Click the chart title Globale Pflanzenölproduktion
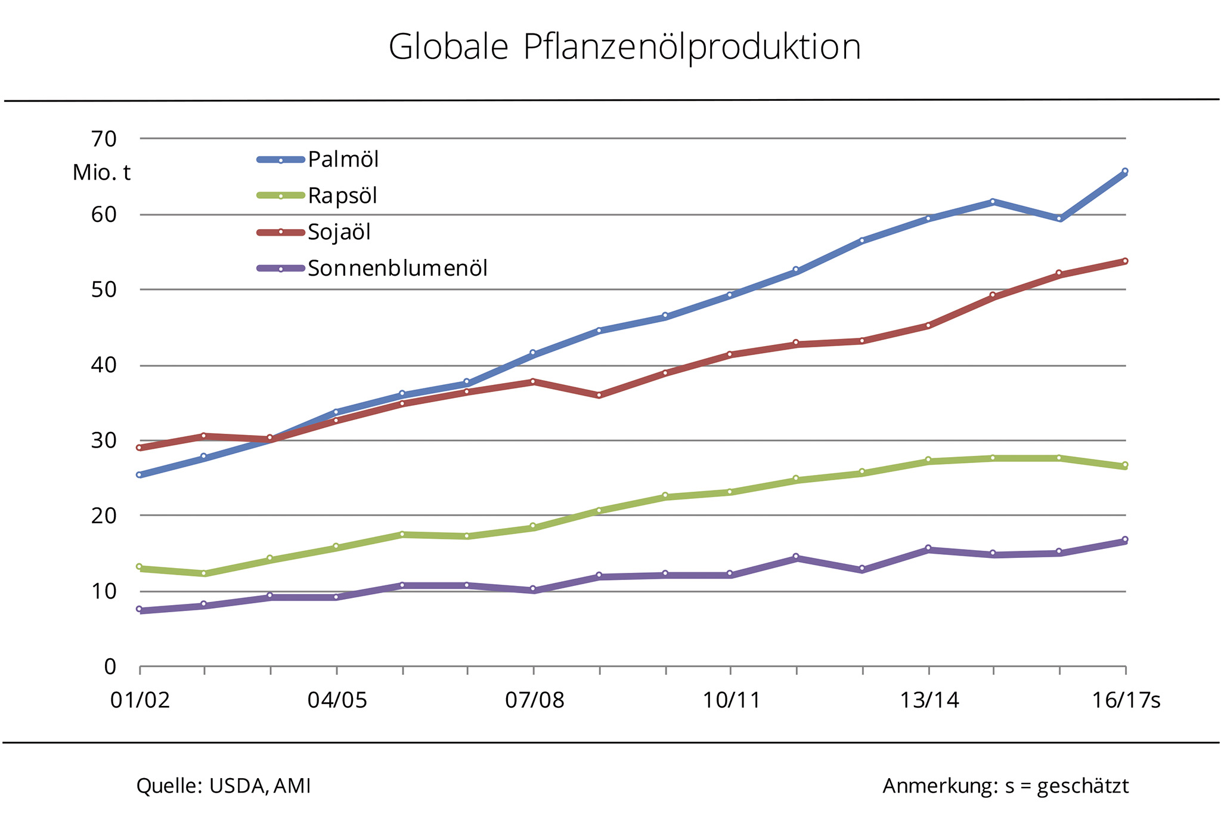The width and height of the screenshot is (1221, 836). [x=624, y=47]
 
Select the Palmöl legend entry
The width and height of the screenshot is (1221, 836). [x=343, y=160]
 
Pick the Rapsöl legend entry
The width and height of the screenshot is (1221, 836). [x=342, y=196]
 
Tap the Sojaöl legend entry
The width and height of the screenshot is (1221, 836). [x=339, y=232]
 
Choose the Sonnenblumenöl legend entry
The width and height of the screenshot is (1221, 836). [x=397, y=269]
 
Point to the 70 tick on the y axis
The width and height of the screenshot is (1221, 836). [x=104, y=139]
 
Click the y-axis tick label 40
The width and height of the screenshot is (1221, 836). [x=104, y=365]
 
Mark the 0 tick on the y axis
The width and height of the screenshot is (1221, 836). [x=110, y=667]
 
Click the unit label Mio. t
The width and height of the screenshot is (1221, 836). [x=101, y=173]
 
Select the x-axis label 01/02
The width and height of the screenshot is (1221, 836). [x=140, y=700]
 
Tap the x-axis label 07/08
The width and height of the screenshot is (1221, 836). [x=534, y=700]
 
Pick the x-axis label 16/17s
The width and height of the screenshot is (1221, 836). [x=1126, y=700]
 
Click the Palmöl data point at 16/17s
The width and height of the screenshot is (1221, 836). [x=1125, y=171]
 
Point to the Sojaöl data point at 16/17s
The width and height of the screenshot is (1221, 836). [x=1125, y=261]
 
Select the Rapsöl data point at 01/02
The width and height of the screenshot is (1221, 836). [x=139, y=566]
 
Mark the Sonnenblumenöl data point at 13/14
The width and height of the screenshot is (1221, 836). [x=928, y=548]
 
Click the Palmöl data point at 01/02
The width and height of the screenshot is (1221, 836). [x=139, y=474]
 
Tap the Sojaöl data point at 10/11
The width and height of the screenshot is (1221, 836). [x=730, y=354]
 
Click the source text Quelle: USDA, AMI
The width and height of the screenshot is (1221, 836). [x=224, y=786]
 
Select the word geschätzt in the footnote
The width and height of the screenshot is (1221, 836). [x=1083, y=786]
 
